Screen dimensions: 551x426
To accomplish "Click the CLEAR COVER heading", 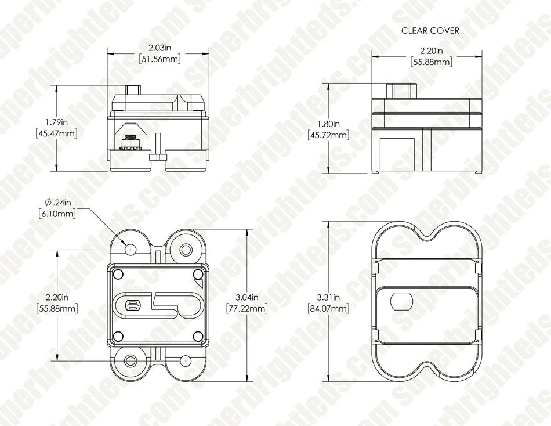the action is pyautogui.click(x=430, y=31).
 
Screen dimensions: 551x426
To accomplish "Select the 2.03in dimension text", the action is pyautogui.click(x=160, y=48).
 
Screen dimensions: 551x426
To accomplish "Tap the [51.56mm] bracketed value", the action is pyautogui.click(x=160, y=59).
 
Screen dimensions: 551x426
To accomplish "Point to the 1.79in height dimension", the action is pyautogui.click(x=57, y=122).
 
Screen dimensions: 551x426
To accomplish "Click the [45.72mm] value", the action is pyautogui.click(x=328, y=135).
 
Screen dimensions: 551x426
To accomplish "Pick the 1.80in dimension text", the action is pyautogui.click(x=328, y=124).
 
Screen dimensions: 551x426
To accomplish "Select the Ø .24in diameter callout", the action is pyautogui.click(x=58, y=203).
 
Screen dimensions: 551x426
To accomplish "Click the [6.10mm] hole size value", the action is pyautogui.click(x=57, y=214).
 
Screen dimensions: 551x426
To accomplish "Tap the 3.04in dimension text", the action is pyautogui.click(x=247, y=297).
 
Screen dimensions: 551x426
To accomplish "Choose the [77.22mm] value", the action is pyautogui.click(x=247, y=309).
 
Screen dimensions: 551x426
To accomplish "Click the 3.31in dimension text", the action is pyautogui.click(x=328, y=297).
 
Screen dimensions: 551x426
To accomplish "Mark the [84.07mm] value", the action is pyautogui.click(x=328, y=309).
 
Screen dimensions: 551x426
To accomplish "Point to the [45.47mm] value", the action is pyautogui.click(x=57, y=133).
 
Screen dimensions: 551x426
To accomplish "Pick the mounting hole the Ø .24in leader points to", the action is pyautogui.click(x=130, y=250).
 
